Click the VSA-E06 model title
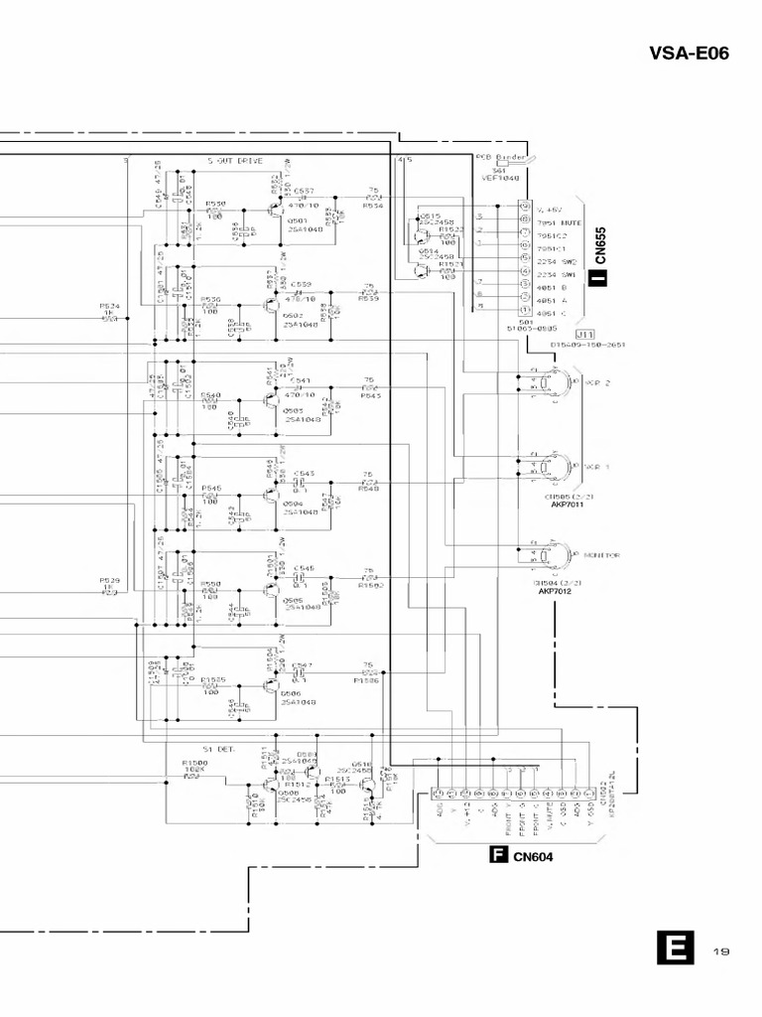click(x=690, y=54)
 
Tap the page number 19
click(x=722, y=952)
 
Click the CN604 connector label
click(x=533, y=857)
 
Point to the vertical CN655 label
click(x=600, y=248)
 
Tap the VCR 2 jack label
click(x=598, y=381)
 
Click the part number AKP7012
click(x=558, y=591)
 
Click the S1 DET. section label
click(x=217, y=749)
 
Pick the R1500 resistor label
click(x=194, y=763)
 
